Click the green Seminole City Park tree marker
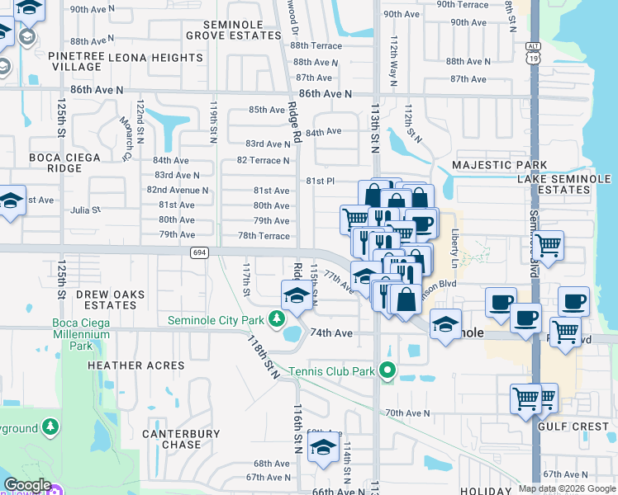tap(277, 319)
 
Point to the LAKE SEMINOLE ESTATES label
tap(563, 184)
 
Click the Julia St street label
tap(85, 210)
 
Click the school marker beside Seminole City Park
tap(297, 295)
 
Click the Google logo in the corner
tap(26, 485)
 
